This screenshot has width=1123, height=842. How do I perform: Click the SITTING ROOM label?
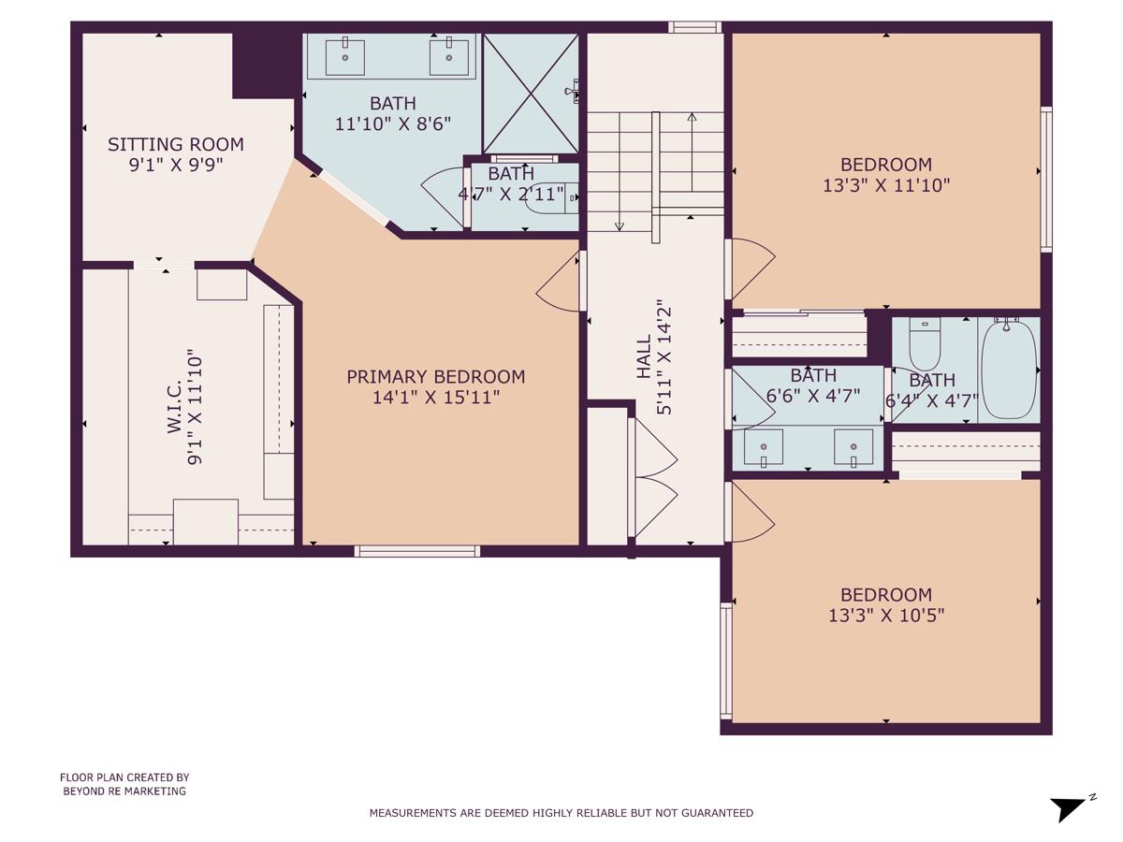[x=175, y=144]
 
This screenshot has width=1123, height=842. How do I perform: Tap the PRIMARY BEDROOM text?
[x=435, y=376]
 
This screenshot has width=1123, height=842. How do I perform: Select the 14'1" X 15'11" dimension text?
[x=435, y=398]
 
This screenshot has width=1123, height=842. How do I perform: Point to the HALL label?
[x=644, y=356]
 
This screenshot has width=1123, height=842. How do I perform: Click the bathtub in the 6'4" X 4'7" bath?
[x=1009, y=370]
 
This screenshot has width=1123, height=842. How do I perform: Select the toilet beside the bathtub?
[x=924, y=344]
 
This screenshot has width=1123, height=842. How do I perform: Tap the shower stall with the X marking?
[x=530, y=94]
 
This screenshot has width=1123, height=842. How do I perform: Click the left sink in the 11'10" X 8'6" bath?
[x=345, y=57]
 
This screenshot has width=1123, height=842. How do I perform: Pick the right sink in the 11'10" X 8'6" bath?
[x=449, y=57]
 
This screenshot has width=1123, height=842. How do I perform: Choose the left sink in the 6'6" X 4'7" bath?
[x=764, y=446]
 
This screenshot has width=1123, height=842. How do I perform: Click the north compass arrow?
[x=1069, y=806]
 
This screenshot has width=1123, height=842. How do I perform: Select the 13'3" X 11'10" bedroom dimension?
[x=885, y=185]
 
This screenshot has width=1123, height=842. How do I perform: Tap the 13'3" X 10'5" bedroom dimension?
[x=885, y=616]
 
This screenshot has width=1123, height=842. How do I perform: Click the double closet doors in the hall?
[x=655, y=477]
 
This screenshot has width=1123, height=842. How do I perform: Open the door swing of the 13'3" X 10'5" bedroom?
[x=751, y=513]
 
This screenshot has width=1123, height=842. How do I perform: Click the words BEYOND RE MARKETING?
[x=124, y=791]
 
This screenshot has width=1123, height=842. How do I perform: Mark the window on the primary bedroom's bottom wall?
[x=417, y=551]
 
